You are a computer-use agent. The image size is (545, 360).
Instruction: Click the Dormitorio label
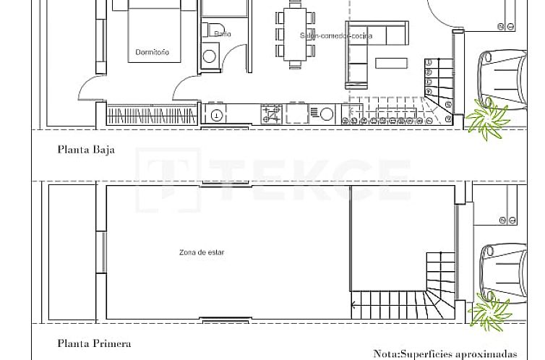tap(152, 52)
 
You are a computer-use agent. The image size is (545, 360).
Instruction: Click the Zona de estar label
tap(202, 252)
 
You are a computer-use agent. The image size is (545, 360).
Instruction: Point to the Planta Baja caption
tap(86, 150)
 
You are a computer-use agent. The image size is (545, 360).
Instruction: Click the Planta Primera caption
tap(94, 344)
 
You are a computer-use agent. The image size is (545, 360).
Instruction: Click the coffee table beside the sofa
tap(392, 63)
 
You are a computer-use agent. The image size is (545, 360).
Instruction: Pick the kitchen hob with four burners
tap(271, 113)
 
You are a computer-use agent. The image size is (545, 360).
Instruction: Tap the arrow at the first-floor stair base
tap(354, 306)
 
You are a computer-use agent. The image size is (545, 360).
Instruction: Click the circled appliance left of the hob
tap(216, 114)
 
